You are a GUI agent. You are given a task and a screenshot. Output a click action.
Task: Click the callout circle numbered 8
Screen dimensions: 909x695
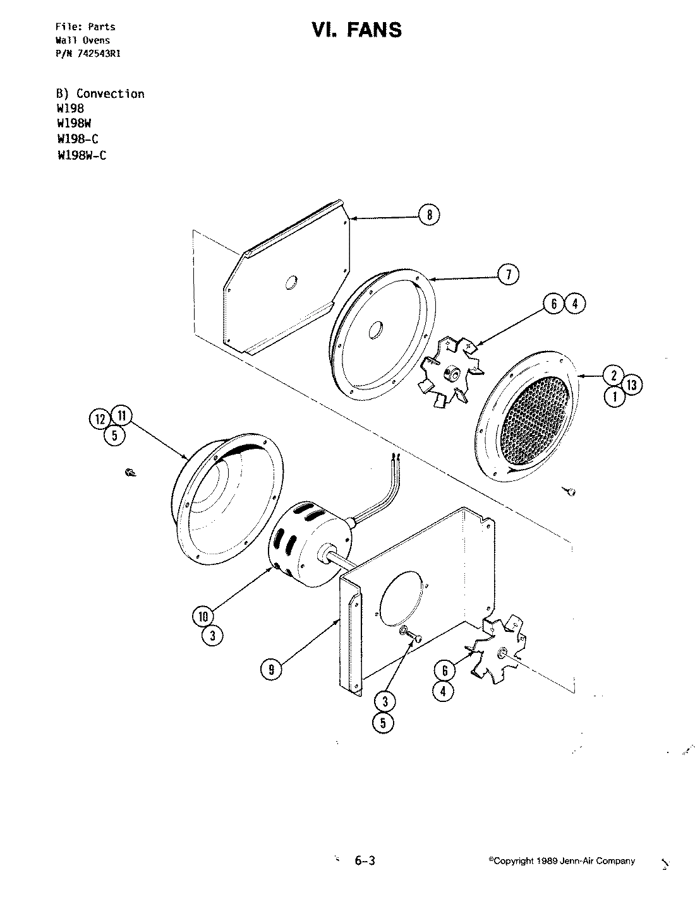[429, 215]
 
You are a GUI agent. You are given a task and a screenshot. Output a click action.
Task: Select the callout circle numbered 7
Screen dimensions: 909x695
[509, 274]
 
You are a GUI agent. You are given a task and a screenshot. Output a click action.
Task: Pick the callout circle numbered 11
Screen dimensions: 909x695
[121, 415]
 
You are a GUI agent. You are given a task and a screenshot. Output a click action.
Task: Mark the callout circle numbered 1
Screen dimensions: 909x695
[614, 396]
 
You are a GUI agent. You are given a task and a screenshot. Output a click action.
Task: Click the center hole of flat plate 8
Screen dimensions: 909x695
[292, 283]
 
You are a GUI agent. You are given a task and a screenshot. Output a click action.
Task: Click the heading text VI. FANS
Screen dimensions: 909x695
[356, 30]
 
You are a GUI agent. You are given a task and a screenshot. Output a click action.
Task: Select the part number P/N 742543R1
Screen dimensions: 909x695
[88, 54]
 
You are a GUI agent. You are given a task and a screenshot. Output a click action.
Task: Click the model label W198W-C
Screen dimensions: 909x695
[82, 155]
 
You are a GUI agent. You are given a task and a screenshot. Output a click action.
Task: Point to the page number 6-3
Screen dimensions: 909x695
[365, 860]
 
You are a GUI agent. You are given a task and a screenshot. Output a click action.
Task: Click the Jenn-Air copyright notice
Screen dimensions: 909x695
[562, 861]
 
